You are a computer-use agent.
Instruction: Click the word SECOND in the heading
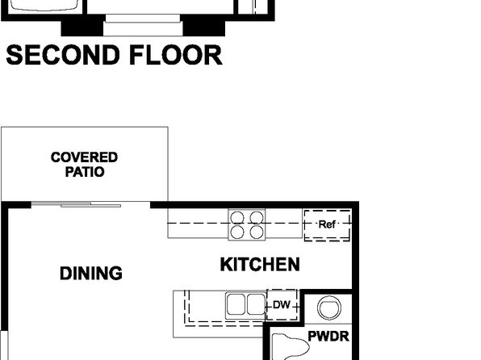click(63, 55)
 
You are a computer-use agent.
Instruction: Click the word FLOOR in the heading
click(176, 55)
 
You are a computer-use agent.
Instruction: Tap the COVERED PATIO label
click(84, 165)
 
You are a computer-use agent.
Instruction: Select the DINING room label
click(91, 273)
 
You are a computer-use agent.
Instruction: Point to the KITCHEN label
click(260, 265)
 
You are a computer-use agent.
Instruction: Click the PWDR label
click(328, 337)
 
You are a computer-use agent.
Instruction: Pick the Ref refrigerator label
click(327, 224)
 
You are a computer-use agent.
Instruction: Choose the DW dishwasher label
click(282, 305)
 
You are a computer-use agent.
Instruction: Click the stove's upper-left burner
click(237, 218)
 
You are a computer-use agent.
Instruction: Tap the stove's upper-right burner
click(257, 218)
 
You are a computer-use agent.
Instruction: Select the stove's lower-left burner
click(237, 232)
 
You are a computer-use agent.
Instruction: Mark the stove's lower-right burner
click(257, 232)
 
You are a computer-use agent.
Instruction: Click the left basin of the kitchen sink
click(236, 304)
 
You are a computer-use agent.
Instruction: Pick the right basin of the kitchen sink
click(256, 304)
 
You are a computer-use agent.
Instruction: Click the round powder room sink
click(329, 308)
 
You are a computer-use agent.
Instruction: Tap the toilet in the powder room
click(290, 347)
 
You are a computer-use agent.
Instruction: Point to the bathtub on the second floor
click(42, 6)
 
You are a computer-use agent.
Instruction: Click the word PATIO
click(85, 172)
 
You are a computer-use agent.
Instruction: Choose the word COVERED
click(84, 157)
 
